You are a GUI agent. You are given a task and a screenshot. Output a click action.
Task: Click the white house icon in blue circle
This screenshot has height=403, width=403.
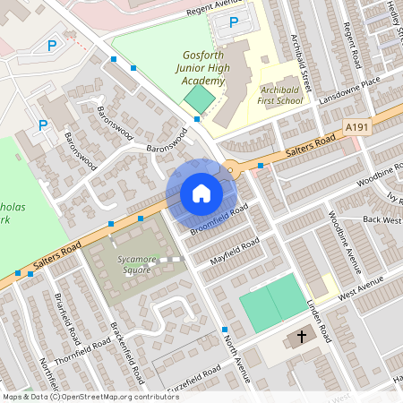(x=201, y=193)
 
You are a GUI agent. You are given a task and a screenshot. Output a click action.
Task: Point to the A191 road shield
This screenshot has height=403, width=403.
(x=357, y=129)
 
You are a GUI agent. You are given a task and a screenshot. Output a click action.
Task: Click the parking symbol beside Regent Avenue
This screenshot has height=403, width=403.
(x=234, y=22)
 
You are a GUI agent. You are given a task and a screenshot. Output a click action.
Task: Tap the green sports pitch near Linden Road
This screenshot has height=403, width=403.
(x=272, y=299)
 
